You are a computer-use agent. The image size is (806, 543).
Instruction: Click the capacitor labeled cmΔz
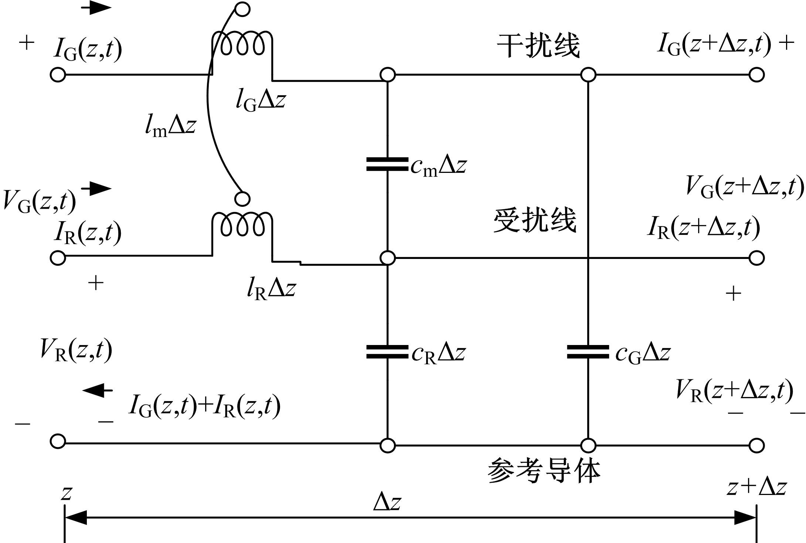[387, 164]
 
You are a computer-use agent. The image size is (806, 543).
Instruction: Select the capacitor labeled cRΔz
[387, 352]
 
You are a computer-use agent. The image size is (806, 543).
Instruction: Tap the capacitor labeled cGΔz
[588, 352]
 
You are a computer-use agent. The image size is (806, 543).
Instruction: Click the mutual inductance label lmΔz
[170, 126]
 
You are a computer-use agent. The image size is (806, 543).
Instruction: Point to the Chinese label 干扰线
[538, 46]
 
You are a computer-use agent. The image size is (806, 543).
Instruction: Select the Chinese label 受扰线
[535, 220]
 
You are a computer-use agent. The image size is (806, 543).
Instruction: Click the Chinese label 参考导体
[544, 471]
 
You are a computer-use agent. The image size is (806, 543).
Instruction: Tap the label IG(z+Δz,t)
[714, 45]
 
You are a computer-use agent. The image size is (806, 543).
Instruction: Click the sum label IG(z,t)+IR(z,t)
[204, 406]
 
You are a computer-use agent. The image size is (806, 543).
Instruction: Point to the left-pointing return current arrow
[98, 390]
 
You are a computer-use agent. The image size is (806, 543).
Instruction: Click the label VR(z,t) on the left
[76, 350]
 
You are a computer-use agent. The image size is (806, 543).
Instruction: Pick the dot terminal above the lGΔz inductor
[243, 9]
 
